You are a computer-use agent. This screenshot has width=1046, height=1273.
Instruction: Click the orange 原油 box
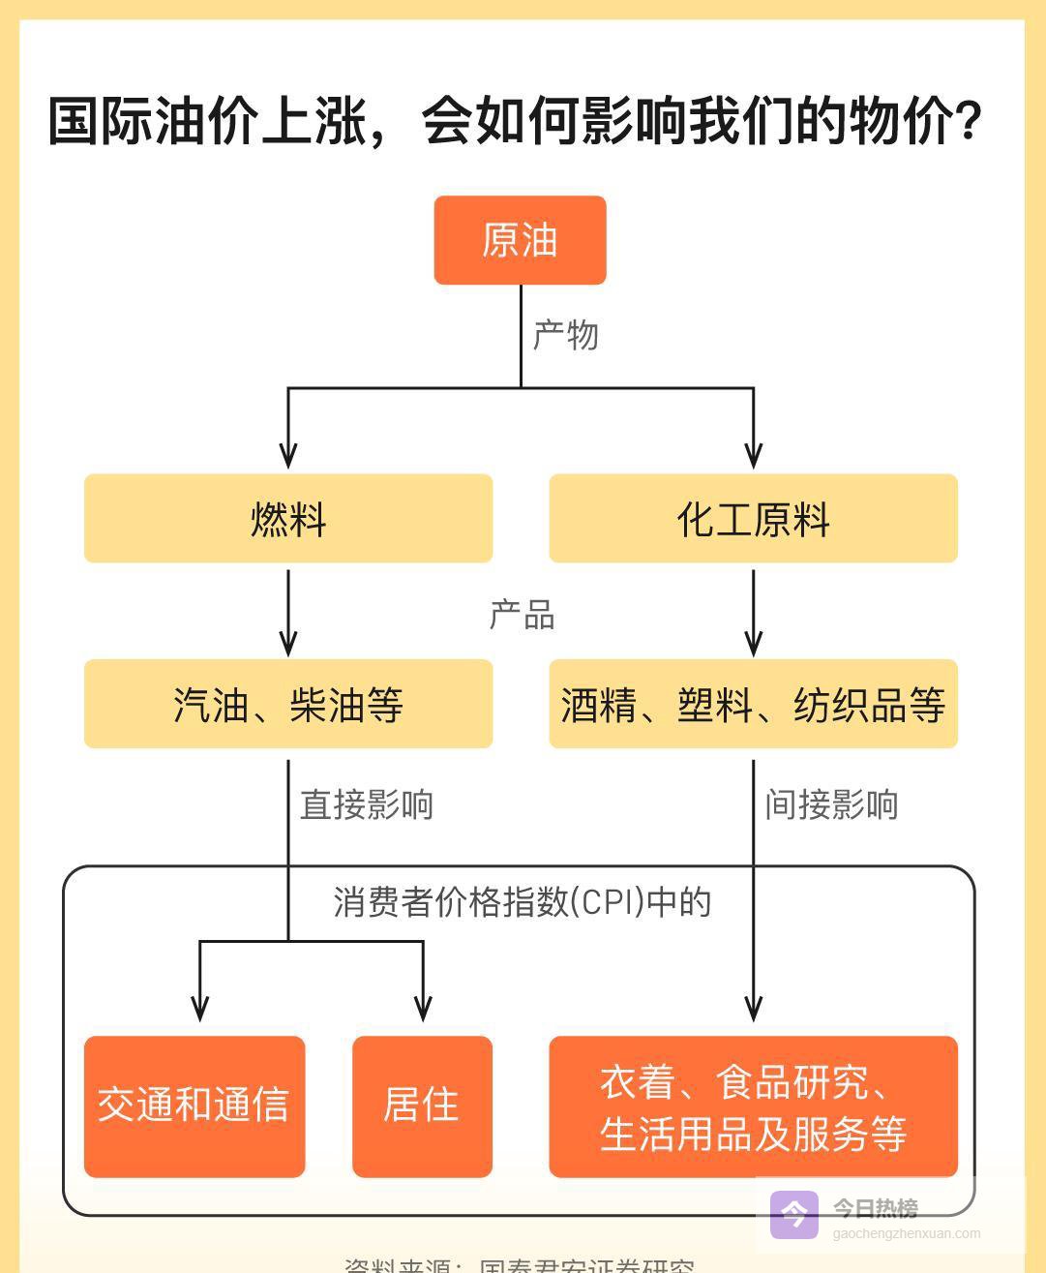click(520, 240)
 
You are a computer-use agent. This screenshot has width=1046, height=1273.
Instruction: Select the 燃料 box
click(288, 519)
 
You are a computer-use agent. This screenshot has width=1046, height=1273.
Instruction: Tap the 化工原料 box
click(753, 519)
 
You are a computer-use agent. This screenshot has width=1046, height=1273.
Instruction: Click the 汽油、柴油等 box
click(288, 705)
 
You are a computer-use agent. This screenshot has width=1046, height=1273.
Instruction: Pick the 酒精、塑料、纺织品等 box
click(753, 705)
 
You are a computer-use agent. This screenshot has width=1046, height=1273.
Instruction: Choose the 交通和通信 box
click(194, 1106)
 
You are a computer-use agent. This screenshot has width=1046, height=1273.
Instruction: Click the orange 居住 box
click(422, 1106)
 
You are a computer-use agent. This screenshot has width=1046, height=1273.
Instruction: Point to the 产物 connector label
click(566, 335)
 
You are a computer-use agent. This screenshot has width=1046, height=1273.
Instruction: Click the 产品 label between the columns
click(523, 616)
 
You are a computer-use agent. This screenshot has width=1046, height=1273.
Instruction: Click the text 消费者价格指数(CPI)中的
click(523, 902)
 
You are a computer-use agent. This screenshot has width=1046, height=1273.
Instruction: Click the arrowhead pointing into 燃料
click(288, 455)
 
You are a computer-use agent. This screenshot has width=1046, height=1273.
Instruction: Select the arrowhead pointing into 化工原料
click(754, 455)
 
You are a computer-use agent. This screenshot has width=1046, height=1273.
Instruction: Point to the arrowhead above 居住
click(423, 1008)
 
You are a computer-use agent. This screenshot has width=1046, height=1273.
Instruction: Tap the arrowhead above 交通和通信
click(200, 1008)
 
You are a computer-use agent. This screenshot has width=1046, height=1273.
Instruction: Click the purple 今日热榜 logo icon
click(794, 1214)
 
